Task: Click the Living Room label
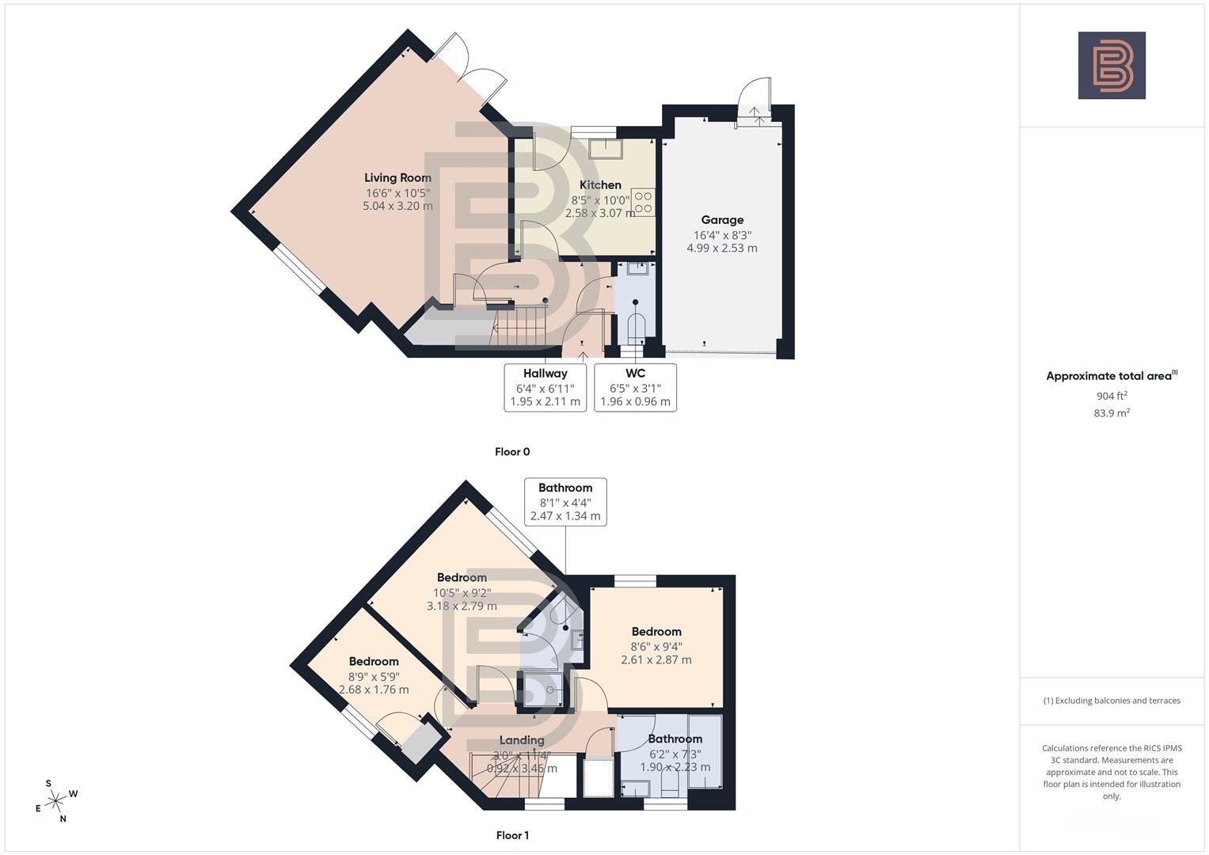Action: pos(397,178)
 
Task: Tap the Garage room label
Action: pos(721,220)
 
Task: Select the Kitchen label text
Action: pos(600,185)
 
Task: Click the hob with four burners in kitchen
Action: pos(643,202)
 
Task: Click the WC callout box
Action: pos(635,387)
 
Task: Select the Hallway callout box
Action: pos(545,387)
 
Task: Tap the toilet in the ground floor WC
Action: pos(636,326)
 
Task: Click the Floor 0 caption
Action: pos(512,452)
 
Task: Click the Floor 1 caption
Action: pos(512,835)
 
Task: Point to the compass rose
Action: pos(55,801)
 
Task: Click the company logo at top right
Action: pos(1112,66)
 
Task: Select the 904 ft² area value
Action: pos(1112,396)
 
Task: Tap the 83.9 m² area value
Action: pos(1112,413)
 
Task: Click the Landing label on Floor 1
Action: pos(522,740)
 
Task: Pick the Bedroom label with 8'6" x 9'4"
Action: pos(656,632)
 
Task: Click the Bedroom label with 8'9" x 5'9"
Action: pos(374,662)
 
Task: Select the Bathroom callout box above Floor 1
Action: pos(565,501)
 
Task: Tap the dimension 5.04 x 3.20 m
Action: pos(397,206)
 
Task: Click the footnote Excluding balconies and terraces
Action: pos(1112,701)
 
